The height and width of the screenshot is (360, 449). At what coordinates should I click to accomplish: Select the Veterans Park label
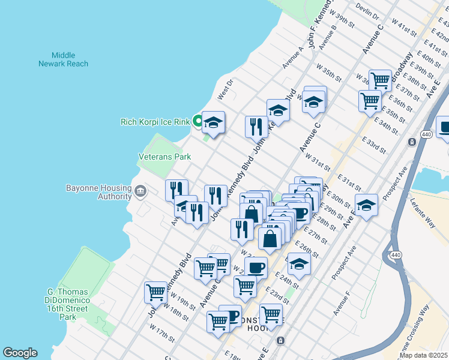coord(164,157)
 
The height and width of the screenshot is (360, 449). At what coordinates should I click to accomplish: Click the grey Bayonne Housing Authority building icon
coord(140,192)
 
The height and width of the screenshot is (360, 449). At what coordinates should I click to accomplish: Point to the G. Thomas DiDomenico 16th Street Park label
coord(68,304)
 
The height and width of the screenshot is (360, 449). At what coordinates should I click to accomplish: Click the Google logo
coord(20,353)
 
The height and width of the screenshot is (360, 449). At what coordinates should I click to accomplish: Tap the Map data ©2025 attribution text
coord(423,355)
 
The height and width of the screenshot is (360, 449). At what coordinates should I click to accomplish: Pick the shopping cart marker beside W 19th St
coord(155,293)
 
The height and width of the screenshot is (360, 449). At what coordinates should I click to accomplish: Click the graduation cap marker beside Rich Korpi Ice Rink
coord(213,123)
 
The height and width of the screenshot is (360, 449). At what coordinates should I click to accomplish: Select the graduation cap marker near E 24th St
coord(299,263)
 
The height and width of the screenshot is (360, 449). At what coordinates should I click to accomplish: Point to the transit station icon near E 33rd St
coord(412,142)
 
